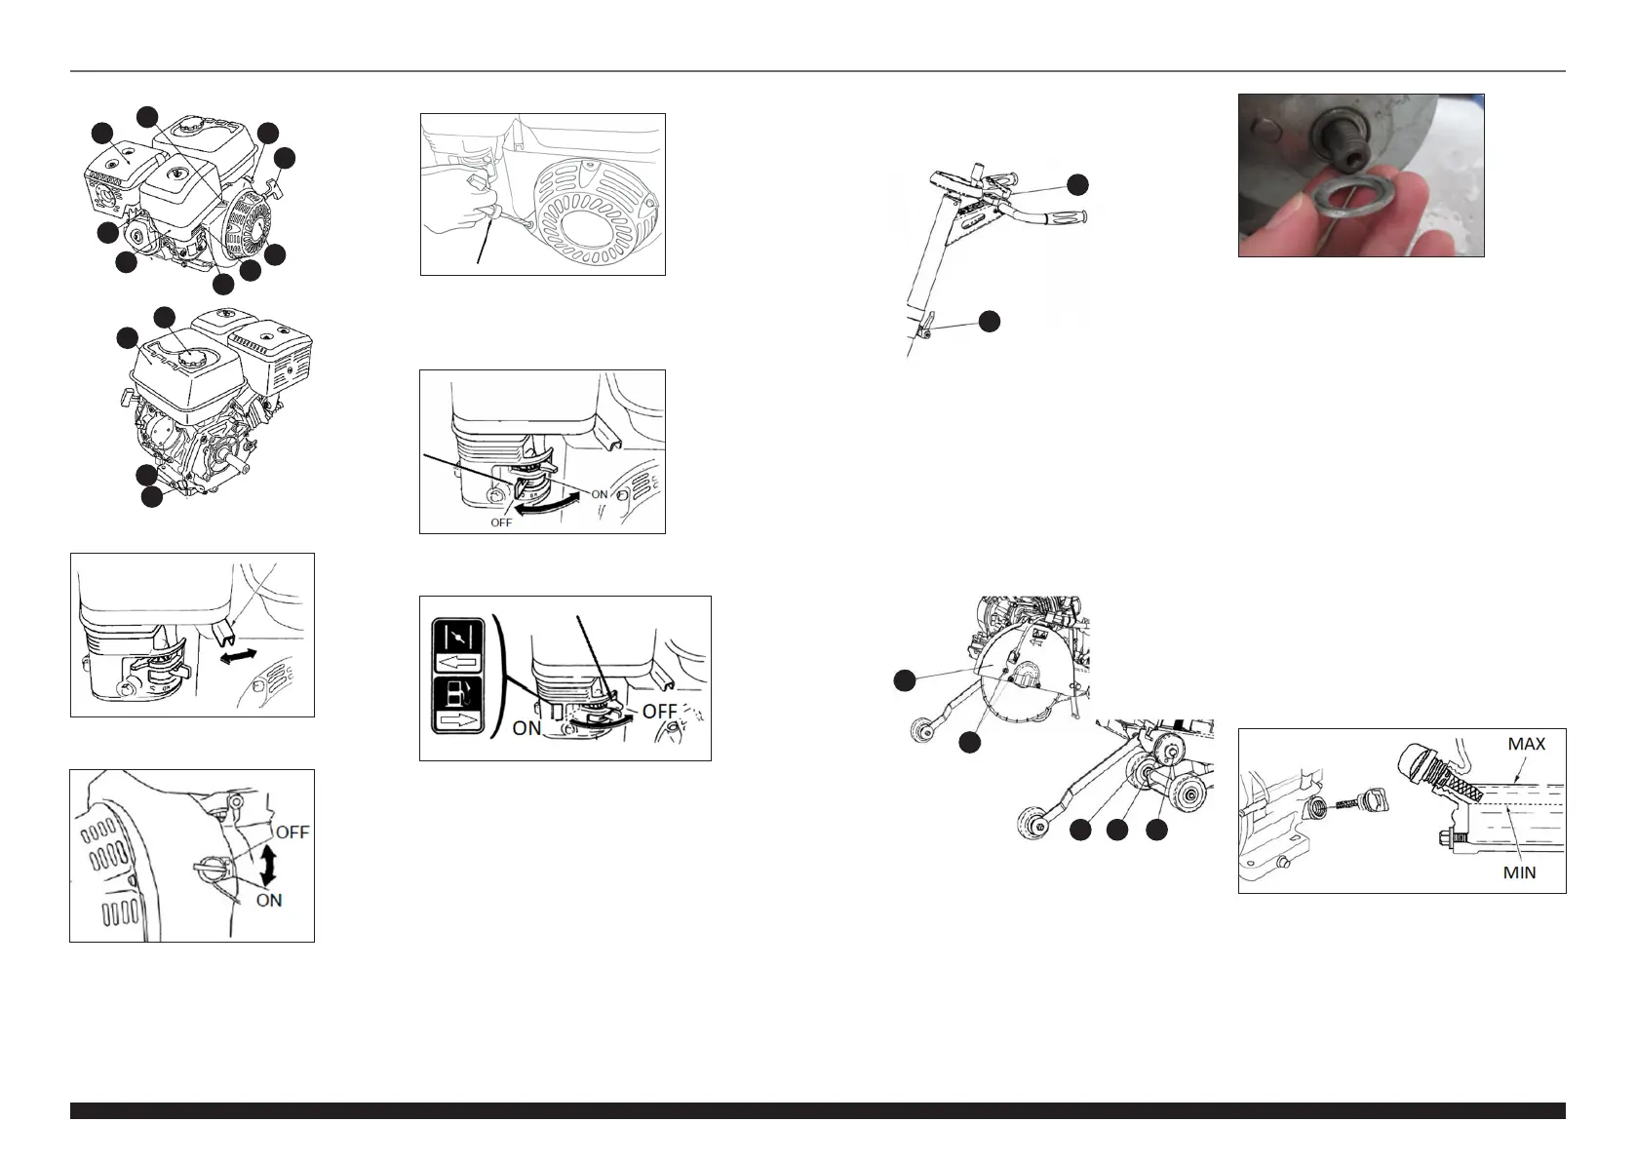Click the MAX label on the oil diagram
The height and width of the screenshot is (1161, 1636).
[1527, 744]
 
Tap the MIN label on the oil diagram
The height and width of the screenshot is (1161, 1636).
[1519, 872]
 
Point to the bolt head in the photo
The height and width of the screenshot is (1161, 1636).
[1344, 137]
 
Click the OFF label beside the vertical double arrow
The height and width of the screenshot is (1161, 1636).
[292, 832]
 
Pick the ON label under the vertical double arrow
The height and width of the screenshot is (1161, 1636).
[269, 901]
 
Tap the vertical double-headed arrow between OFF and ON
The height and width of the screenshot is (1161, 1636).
[269, 866]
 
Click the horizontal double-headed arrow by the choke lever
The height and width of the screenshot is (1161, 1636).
[239, 656]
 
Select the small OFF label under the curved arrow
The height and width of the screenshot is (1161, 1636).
[501, 522]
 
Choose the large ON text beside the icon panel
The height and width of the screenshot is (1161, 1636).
[527, 728]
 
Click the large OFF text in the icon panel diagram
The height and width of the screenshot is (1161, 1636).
[659, 711]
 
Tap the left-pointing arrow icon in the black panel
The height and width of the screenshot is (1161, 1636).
[457, 663]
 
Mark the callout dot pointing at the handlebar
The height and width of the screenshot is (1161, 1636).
[1077, 185]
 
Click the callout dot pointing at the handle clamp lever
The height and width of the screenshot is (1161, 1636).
[989, 322]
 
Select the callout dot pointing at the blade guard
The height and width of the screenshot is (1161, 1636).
[904, 679]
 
